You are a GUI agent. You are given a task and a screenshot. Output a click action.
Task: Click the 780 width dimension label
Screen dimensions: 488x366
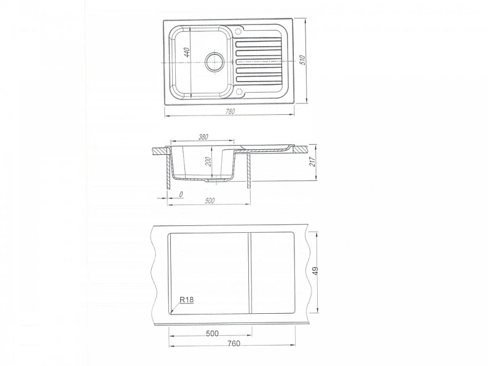pos(230,111)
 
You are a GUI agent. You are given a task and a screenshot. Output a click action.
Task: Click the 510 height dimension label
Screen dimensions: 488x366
pos(302,60)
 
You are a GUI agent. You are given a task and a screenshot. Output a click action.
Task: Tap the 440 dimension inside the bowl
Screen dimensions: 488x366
pos(187,52)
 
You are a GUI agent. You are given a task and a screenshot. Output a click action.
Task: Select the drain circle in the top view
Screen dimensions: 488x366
pos(214,61)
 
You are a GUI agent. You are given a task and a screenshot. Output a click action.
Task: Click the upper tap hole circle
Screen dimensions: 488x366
pos(238,31)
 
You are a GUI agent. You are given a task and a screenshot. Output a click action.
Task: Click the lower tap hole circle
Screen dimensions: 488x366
pos(239,91)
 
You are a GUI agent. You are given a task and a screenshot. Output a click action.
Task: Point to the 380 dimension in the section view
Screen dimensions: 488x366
pos(203,136)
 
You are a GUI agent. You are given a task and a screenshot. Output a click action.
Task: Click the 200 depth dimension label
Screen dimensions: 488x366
pos(208,162)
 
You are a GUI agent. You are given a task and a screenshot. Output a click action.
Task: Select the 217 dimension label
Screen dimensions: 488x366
pos(312,162)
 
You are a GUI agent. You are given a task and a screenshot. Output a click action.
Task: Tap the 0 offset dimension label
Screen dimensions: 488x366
pos(181,194)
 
